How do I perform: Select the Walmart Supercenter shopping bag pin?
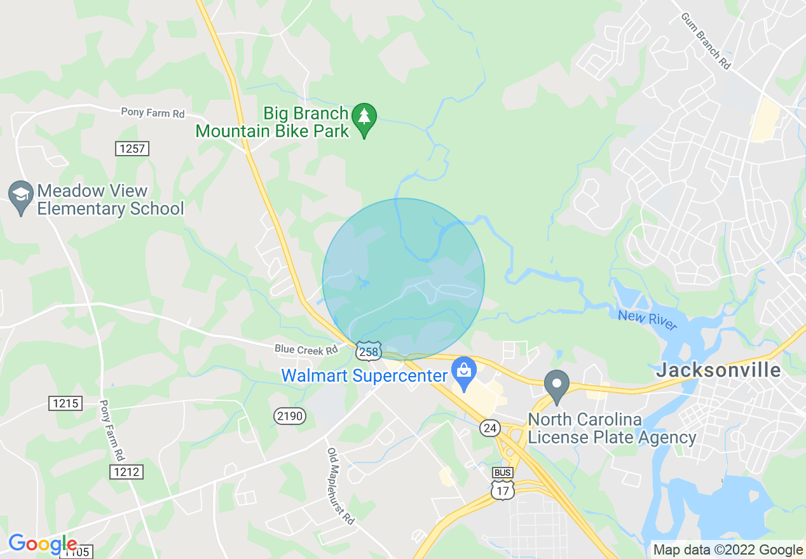464,372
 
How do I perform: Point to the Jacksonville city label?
718,370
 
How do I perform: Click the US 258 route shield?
368,351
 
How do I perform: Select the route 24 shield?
489,428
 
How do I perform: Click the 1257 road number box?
132,149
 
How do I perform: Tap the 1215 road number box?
65,403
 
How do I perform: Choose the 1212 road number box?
126,472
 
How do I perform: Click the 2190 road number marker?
290,416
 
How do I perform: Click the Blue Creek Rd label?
306,349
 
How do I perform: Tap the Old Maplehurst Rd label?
340,486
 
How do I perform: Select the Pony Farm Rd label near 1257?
153,113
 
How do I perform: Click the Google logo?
42,544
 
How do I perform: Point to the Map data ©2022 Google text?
728,550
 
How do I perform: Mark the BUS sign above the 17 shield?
502,473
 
